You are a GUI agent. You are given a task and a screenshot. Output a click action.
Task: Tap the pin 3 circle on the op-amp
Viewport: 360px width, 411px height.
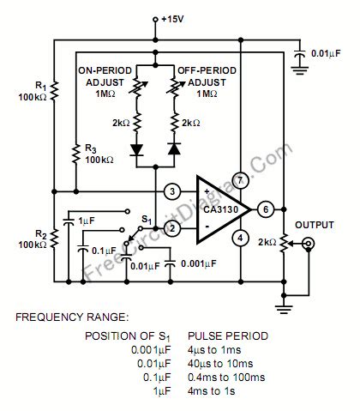click(x=172, y=190)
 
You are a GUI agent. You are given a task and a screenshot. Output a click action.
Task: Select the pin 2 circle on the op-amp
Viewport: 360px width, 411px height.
click(x=172, y=227)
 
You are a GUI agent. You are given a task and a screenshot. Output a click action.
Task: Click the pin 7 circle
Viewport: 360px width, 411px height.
click(x=241, y=179)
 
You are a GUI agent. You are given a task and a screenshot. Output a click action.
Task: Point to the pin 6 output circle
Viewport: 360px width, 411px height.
click(x=266, y=209)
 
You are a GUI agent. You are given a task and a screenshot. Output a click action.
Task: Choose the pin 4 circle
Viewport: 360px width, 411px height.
click(x=241, y=238)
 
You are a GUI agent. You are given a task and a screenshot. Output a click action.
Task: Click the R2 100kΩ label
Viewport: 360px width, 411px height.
click(x=38, y=240)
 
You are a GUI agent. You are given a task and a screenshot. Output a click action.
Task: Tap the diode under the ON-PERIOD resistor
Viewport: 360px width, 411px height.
click(x=135, y=148)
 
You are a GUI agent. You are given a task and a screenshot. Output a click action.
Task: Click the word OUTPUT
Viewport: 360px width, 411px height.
click(x=314, y=225)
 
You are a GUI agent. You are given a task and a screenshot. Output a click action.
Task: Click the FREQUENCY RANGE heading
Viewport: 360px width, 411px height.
click(x=70, y=317)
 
